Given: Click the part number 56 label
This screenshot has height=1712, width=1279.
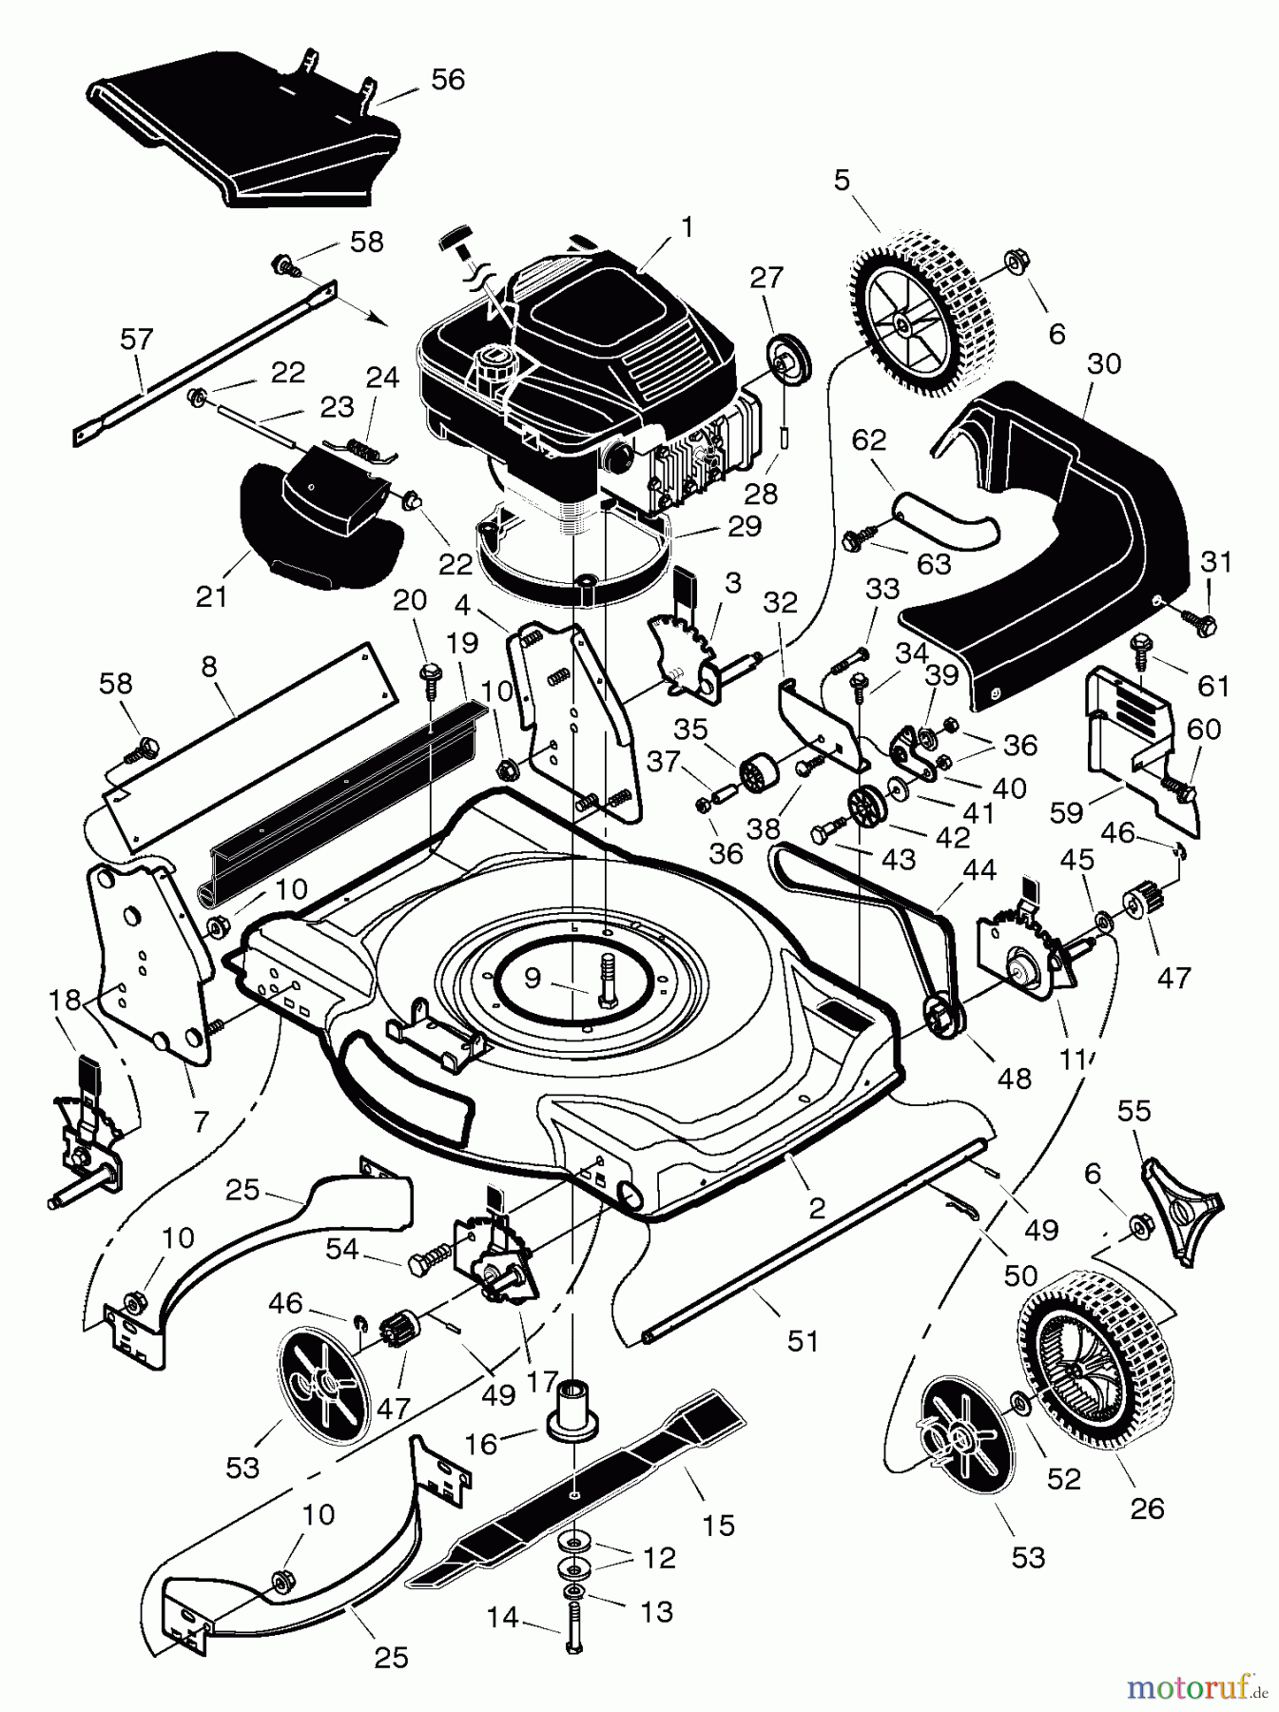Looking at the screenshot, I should click(x=447, y=79).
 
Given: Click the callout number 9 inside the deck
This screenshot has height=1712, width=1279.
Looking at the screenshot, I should click(x=532, y=976).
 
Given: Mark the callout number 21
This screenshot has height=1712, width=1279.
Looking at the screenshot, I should click(x=211, y=596).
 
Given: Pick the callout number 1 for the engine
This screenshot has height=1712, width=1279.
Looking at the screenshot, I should click(x=687, y=227).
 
